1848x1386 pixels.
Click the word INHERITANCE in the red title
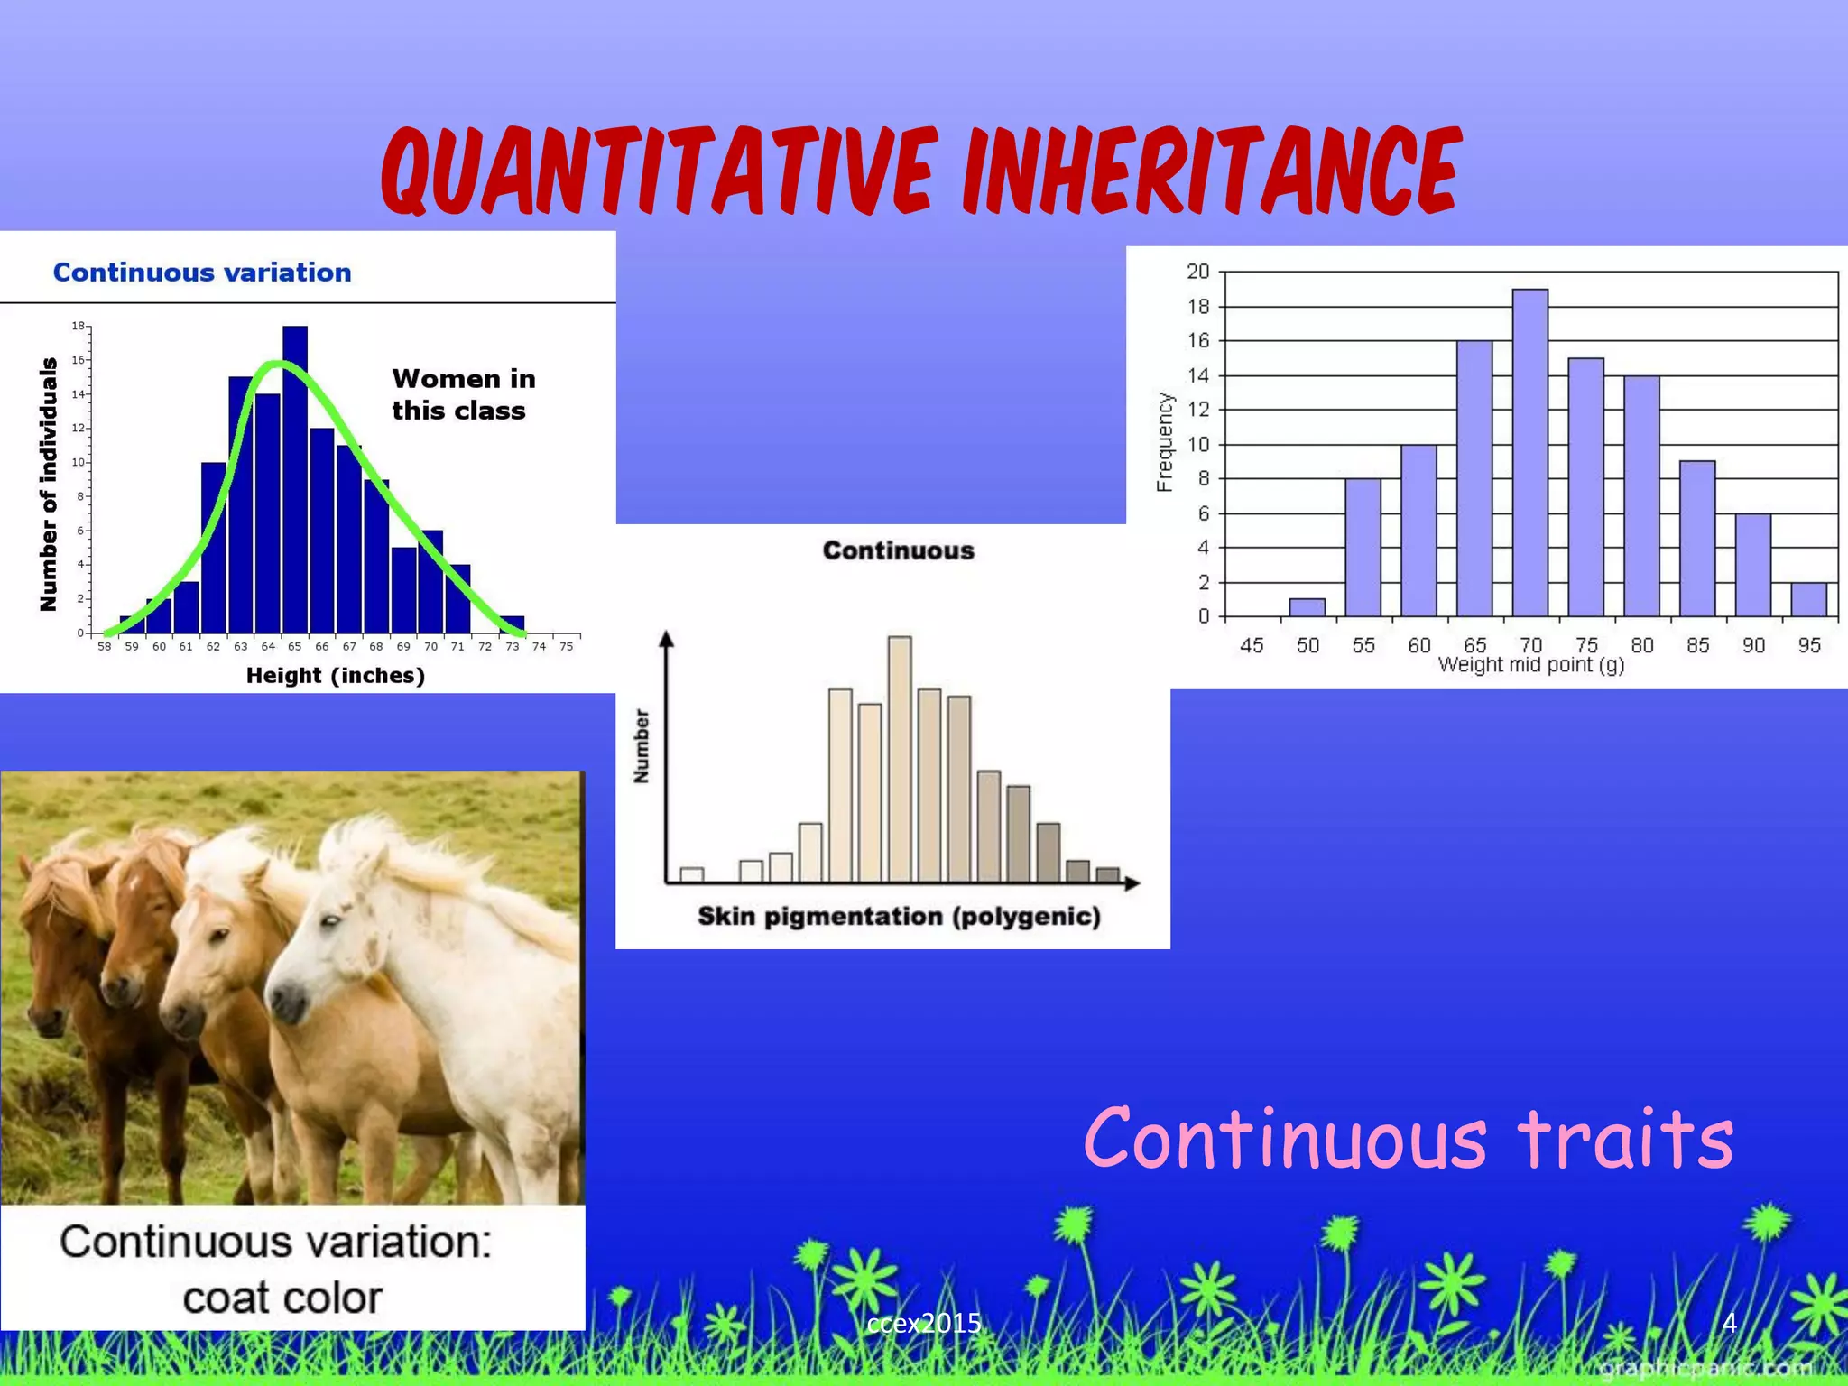(1209, 171)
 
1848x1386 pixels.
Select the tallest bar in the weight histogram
(1530, 451)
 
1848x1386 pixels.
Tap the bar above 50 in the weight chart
(1307, 607)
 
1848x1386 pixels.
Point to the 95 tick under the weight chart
(1808, 645)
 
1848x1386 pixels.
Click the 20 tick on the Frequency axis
(1197, 272)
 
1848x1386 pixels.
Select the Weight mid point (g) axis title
(1530, 666)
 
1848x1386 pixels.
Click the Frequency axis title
(1165, 442)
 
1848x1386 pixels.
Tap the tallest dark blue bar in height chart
(295, 478)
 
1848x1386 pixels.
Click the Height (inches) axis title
(335, 675)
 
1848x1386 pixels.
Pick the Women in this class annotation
(463, 394)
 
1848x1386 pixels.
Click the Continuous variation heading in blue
(202, 273)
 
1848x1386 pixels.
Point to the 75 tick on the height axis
(566, 647)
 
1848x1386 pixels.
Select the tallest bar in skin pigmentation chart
(900, 758)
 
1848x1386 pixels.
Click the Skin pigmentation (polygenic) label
(899, 917)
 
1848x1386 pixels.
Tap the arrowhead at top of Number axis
(667, 639)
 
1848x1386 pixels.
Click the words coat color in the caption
(282, 1298)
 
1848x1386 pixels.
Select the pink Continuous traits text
(1408, 1139)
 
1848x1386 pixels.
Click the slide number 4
(1729, 1323)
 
